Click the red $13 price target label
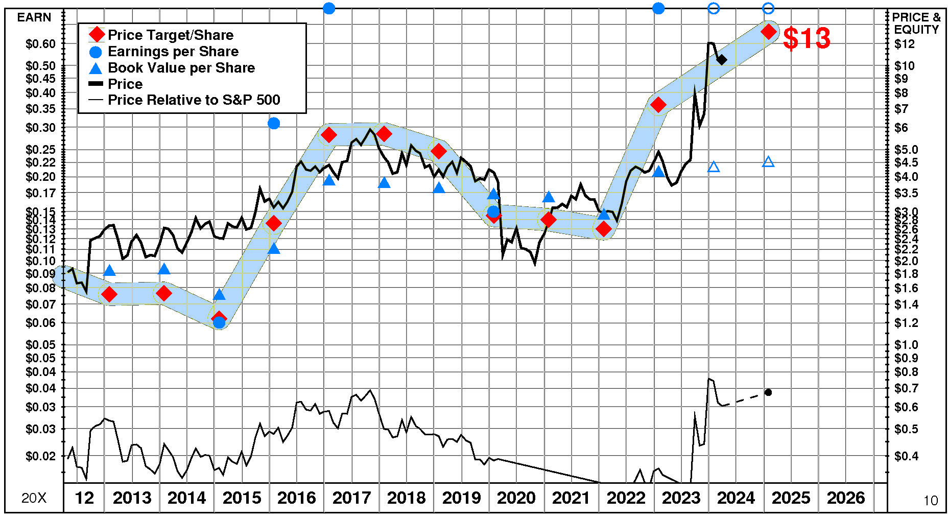(x=807, y=38)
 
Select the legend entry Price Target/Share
(x=170, y=35)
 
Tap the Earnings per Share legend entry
(x=173, y=52)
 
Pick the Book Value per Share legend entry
(x=181, y=68)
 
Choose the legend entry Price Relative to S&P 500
(x=194, y=100)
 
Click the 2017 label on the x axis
(x=351, y=498)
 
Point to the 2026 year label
(x=846, y=498)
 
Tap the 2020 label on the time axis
(x=516, y=498)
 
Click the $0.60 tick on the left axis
(x=40, y=44)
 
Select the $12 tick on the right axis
(x=905, y=44)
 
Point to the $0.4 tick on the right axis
(x=906, y=456)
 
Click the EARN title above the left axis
(x=34, y=17)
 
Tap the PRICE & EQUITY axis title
(x=916, y=24)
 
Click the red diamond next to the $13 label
(x=768, y=32)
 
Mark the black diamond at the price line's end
(x=722, y=60)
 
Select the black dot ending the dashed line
(x=768, y=392)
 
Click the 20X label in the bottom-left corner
(x=34, y=498)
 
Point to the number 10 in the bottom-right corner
(x=931, y=500)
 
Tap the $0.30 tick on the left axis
(x=40, y=127)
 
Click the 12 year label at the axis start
(x=84, y=498)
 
